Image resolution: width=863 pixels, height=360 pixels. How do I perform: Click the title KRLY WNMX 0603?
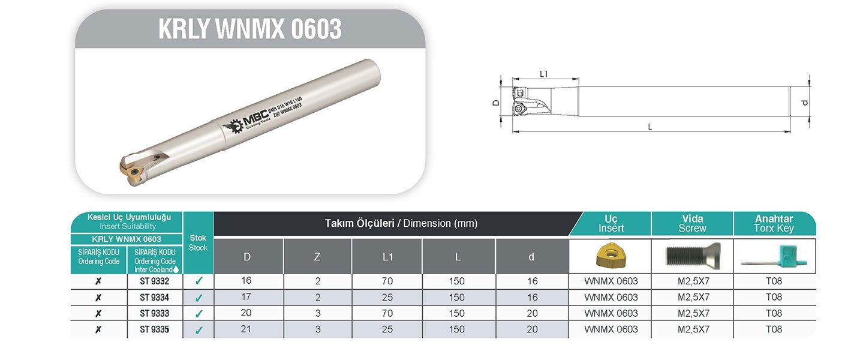249,29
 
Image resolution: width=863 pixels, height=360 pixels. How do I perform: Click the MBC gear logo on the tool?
233,127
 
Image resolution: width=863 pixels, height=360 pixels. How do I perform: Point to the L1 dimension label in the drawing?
544,74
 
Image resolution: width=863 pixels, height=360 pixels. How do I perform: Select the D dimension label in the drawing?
496,103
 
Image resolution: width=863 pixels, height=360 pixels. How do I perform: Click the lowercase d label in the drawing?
805,103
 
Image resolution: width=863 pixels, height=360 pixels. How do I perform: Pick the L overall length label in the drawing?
650,127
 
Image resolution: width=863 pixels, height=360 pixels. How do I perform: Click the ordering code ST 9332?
155,281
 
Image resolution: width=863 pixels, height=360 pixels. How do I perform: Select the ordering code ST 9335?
155,329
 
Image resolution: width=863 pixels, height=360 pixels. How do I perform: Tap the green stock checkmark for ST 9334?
199,297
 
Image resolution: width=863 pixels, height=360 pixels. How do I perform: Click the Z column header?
317,257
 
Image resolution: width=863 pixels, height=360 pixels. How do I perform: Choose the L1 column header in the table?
387,257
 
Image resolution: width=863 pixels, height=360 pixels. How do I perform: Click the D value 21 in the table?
247,329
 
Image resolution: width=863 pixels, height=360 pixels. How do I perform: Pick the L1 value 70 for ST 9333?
387,313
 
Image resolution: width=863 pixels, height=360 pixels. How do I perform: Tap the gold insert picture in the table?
611,256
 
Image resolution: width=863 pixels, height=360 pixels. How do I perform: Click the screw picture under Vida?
692,256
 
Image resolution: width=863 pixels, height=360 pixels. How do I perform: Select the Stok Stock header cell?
198,243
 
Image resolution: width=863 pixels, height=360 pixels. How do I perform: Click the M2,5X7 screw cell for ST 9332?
693,281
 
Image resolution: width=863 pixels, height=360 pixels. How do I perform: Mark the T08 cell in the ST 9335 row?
774,329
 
